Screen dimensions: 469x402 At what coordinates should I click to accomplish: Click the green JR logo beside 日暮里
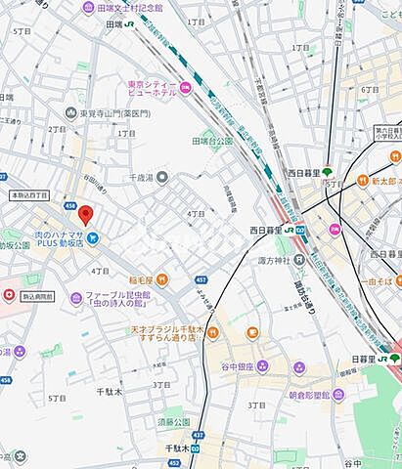tap(394, 358)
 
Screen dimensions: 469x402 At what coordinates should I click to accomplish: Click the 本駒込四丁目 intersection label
tap(29, 195)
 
